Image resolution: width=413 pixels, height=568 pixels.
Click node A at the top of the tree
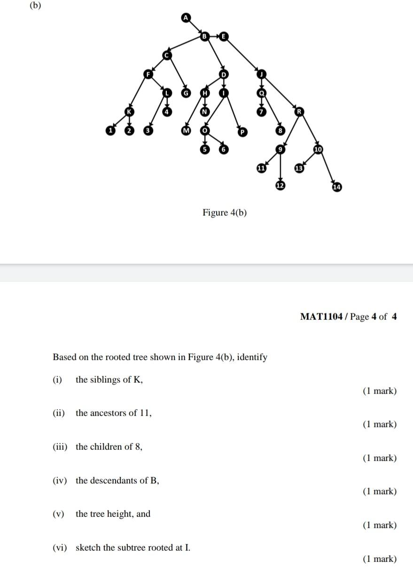pos(186,18)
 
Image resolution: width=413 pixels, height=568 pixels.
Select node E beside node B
pos(223,36)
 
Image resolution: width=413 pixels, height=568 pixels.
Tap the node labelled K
pos(129,112)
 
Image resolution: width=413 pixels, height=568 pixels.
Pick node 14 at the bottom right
pos(337,187)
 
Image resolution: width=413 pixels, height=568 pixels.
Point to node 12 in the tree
pos(280,186)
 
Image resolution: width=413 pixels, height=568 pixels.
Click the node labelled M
pos(186,130)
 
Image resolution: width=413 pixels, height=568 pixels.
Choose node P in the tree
pos(242,132)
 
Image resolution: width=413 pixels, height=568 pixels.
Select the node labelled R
pos(299,112)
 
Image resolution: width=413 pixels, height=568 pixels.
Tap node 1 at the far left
pos(110,130)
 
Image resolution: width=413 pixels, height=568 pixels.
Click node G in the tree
pos(186,93)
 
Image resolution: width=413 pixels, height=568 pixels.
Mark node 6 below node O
pos(224,149)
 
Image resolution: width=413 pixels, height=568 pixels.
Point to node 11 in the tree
pos(261,167)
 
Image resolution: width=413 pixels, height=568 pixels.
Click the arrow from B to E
pos(214,36)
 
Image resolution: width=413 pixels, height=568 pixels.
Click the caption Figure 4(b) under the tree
pos(225,213)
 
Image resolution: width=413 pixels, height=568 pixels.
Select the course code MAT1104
pos(321,317)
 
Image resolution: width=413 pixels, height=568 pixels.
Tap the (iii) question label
pos(59,447)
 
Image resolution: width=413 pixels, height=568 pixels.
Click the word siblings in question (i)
pos(103,380)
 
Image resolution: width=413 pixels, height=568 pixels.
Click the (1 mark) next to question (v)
pos(380,525)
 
